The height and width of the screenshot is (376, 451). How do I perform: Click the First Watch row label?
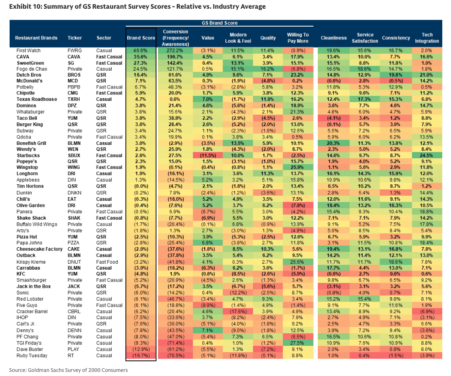pos(28,50)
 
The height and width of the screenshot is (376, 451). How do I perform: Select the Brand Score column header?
pos(141,38)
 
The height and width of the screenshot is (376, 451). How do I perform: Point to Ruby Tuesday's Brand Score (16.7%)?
pos(141,355)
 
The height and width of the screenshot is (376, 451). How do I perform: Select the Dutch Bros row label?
pos(30,74)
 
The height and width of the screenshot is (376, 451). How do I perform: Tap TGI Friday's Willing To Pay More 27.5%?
pos(298,343)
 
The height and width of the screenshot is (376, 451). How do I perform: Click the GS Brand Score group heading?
pos(220,23)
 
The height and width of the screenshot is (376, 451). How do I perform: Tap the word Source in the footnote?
pos(19,370)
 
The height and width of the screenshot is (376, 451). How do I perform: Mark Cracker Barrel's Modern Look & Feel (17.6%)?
pos(238,311)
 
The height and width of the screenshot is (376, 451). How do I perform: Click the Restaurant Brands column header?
pos(36,38)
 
